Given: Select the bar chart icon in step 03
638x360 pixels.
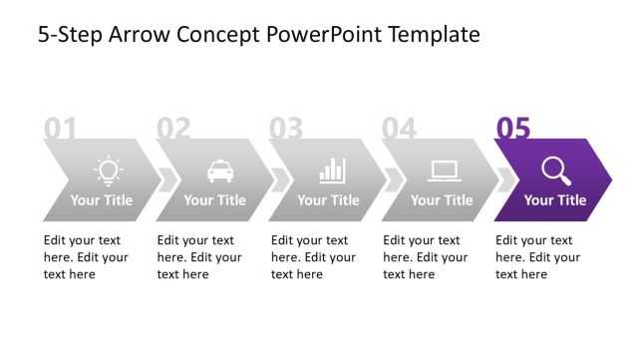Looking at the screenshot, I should (332, 171).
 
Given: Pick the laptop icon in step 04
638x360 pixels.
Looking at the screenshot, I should (444, 172).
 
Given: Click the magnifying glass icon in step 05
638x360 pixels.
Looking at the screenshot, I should (557, 171).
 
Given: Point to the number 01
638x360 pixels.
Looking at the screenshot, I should (61, 128).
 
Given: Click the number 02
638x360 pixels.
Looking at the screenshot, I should (173, 128).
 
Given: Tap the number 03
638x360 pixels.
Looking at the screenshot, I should (286, 128).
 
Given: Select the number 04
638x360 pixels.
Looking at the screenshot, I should (399, 128).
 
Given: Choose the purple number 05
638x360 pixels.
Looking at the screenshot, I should (513, 128).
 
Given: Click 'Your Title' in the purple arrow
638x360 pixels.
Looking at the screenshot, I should (555, 200).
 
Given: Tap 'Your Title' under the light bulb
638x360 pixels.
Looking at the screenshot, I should (102, 200).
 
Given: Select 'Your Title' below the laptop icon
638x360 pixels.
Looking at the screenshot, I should (442, 200).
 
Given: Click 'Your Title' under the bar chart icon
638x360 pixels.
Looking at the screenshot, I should (328, 200).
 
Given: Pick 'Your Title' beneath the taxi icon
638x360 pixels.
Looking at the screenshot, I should (214, 200).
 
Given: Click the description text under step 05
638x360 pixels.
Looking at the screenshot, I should (534, 257).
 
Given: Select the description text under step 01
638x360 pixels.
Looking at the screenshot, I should (86, 257).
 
